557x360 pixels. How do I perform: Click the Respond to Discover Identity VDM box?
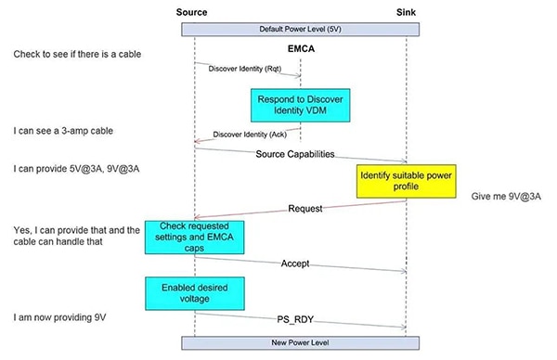(x=300, y=105)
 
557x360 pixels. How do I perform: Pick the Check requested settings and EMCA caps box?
(x=194, y=237)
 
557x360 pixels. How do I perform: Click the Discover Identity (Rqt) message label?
(x=246, y=67)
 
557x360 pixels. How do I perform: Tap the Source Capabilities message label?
(x=295, y=153)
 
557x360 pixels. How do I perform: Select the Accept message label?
(x=296, y=264)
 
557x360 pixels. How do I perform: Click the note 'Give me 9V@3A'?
(x=505, y=197)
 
